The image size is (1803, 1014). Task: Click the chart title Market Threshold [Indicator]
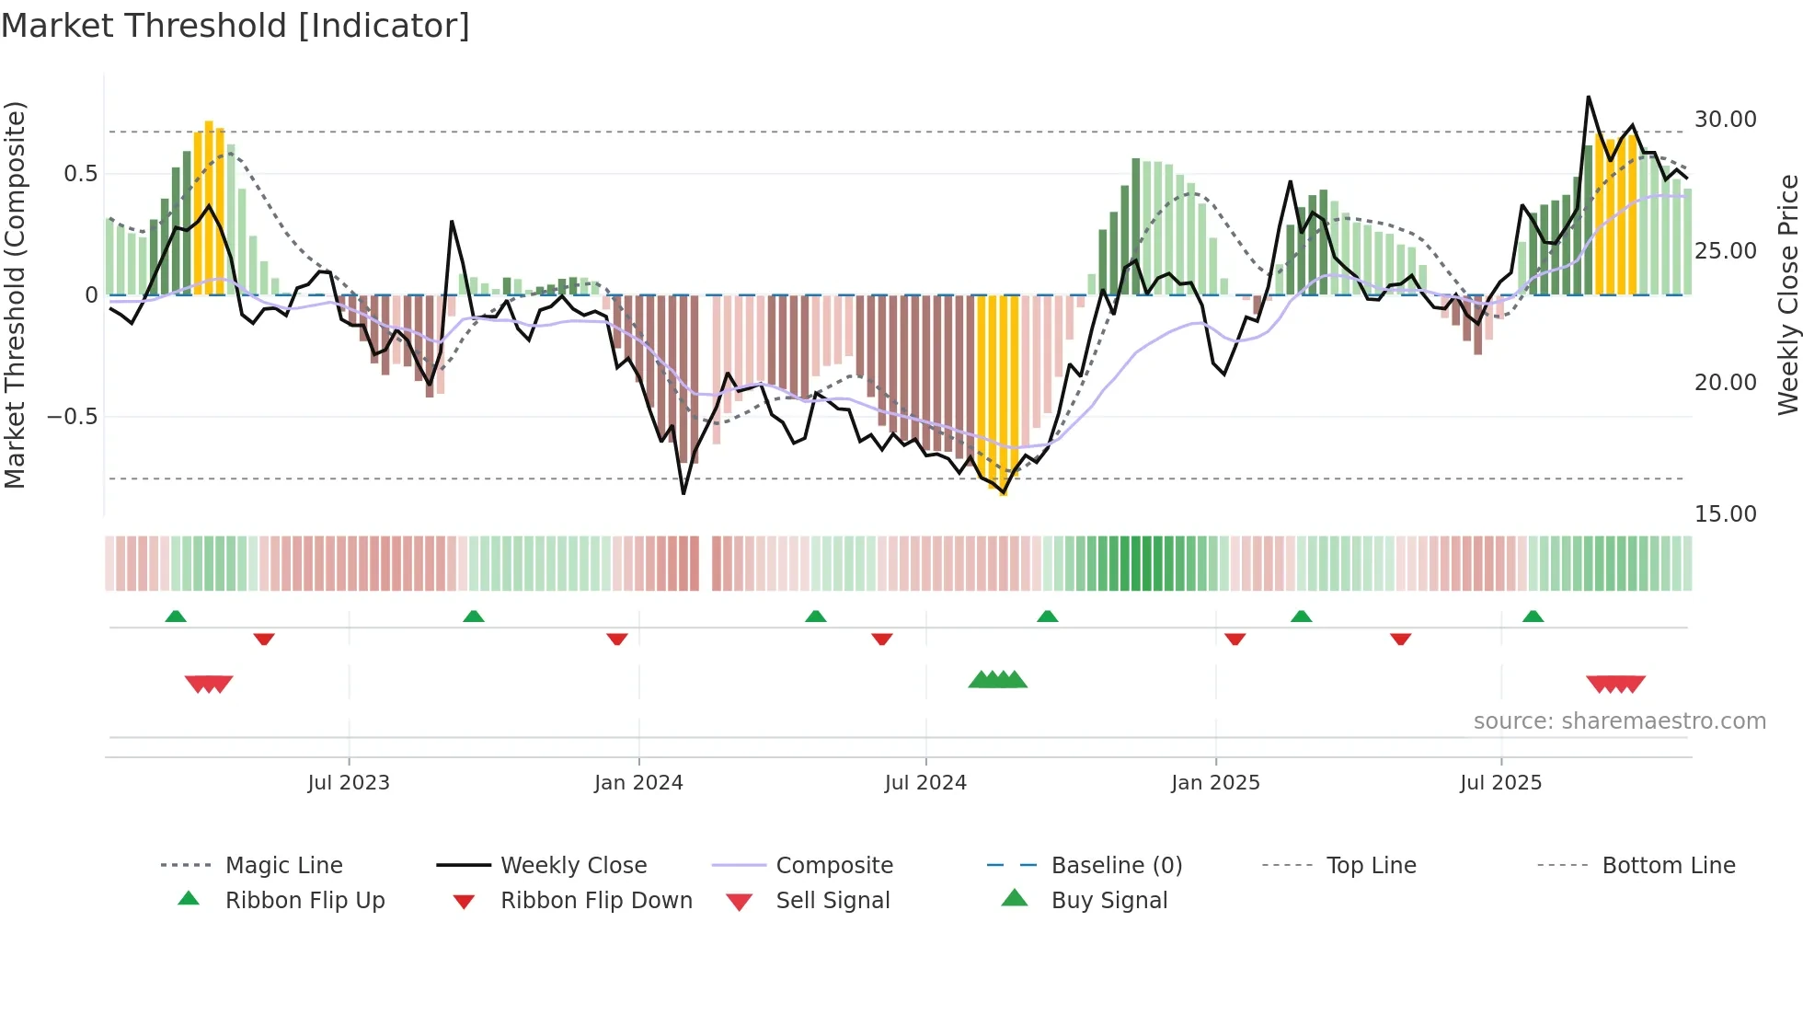[x=235, y=26]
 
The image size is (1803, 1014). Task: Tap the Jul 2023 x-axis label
[x=349, y=783]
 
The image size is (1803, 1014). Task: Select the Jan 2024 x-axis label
[x=638, y=783]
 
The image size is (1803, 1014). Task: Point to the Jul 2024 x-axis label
[x=925, y=783]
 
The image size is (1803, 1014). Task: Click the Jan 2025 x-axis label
[x=1215, y=783]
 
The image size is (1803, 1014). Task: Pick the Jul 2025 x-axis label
[x=1500, y=783]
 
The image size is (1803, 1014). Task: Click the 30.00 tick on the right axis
[x=1725, y=120]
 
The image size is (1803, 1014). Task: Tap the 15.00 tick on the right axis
[x=1725, y=514]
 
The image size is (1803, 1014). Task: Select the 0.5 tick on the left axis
[x=80, y=174]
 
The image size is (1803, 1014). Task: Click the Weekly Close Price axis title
[x=1787, y=294]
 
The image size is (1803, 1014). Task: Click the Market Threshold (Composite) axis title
[x=15, y=294]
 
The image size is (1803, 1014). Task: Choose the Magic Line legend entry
[x=283, y=866]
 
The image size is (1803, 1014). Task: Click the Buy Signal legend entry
[x=1108, y=901]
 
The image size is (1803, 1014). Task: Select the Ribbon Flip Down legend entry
[x=595, y=901]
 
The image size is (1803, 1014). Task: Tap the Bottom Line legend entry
[x=1668, y=866]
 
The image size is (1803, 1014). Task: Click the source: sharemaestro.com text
[x=1619, y=721]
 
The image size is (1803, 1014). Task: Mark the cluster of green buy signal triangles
[x=997, y=680]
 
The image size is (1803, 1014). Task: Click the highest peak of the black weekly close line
[x=1588, y=97]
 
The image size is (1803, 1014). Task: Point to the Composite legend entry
[x=833, y=866]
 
